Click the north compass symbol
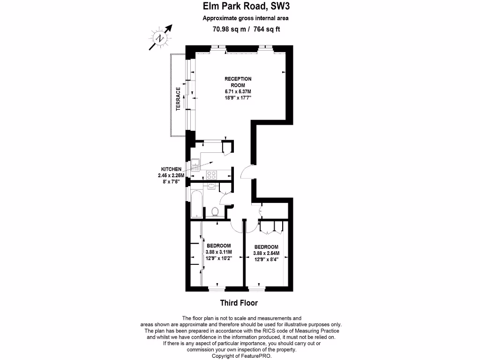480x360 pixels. pos(160,37)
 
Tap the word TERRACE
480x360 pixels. pos(178,99)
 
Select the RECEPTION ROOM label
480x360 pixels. pos(238,82)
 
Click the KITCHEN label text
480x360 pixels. pos(171,169)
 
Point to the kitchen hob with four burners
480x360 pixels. pos(211,175)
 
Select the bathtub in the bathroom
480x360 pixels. pos(197,203)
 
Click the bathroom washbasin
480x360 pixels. pos(211,186)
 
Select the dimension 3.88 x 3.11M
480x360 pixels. pos(219,252)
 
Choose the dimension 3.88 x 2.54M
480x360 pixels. pos(266,254)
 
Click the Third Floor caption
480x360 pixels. pos(239,303)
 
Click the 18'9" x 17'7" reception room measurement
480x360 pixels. pos(238,97)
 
